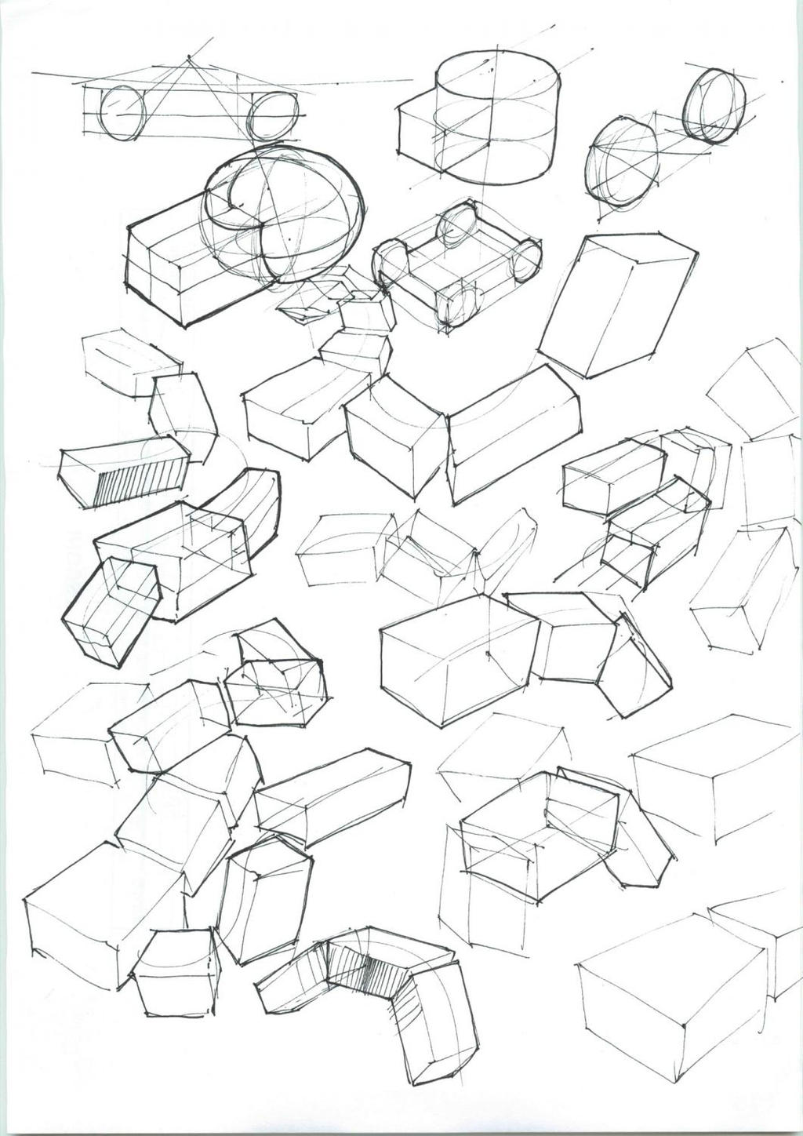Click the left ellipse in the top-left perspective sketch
tap(122, 114)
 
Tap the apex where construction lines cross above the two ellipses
tap(189, 60)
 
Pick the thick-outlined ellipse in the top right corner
tap(714, 106)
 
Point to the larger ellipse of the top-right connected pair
tap(622, 165)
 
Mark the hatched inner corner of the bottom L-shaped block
tap(362, 970)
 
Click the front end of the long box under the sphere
tap(154, 287)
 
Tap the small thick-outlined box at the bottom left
tap(175, 973)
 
